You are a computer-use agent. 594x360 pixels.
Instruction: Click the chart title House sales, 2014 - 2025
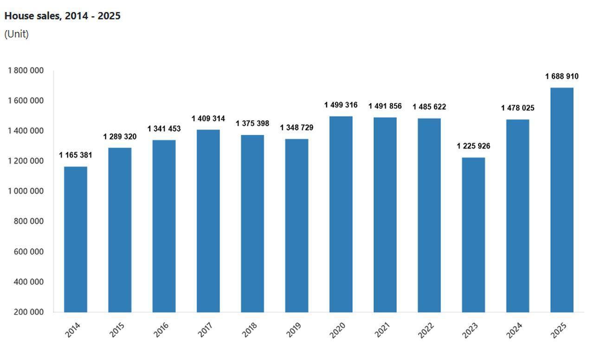[x=62, y=16]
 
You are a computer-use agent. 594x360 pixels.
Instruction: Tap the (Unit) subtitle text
[x=17, y=34]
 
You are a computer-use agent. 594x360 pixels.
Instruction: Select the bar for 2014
[x=76, y=239]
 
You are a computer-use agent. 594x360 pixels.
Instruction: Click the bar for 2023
[x=473, y=235]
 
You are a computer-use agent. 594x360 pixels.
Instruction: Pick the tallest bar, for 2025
[x=562, y=199]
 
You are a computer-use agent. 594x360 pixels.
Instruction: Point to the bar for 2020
[x=341, y=214]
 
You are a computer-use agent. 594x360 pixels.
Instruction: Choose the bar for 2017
[x=208, y=221]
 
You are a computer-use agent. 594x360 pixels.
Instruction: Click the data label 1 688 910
[x=562, y=77]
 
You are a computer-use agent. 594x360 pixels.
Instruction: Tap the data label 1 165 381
[x=76, y=155]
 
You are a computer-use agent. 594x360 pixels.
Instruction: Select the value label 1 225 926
[x=473, y=147]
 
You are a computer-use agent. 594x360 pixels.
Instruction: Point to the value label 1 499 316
[x=341, y=105]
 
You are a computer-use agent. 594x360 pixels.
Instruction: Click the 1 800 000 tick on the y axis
[x=26, y=71]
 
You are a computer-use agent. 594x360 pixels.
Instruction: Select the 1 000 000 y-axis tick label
[x=26, y=191]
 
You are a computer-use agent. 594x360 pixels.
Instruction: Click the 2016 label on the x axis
[x=161, y=329]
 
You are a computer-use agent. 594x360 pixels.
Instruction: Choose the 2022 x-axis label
[x=426, y=329]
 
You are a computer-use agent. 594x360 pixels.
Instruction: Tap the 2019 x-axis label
[x=293, y=329]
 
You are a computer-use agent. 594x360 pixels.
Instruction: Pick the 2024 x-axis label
[x=514, y=329]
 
